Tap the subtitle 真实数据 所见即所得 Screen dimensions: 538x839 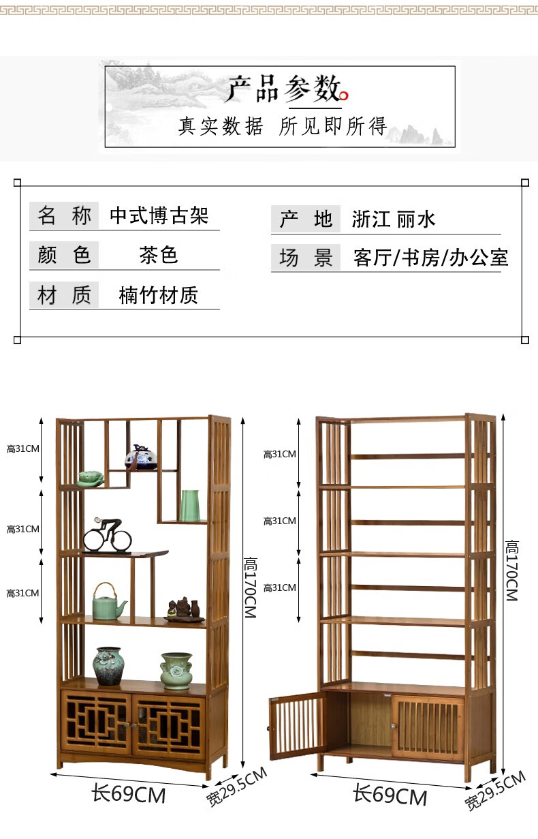282,126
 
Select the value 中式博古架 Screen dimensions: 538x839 159,216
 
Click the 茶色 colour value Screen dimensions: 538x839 159,255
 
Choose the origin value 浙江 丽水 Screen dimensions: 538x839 393,219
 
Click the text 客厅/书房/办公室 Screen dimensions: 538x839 430,258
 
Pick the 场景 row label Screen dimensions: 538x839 306,258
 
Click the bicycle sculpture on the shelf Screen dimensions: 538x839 108,536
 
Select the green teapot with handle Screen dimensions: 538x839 108,602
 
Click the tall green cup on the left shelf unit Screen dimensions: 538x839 189,506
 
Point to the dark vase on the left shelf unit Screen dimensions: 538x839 108,666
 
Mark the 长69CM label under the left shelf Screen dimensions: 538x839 129,794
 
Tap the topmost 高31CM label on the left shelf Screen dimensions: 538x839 22,449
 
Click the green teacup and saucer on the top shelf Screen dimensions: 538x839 90,478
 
